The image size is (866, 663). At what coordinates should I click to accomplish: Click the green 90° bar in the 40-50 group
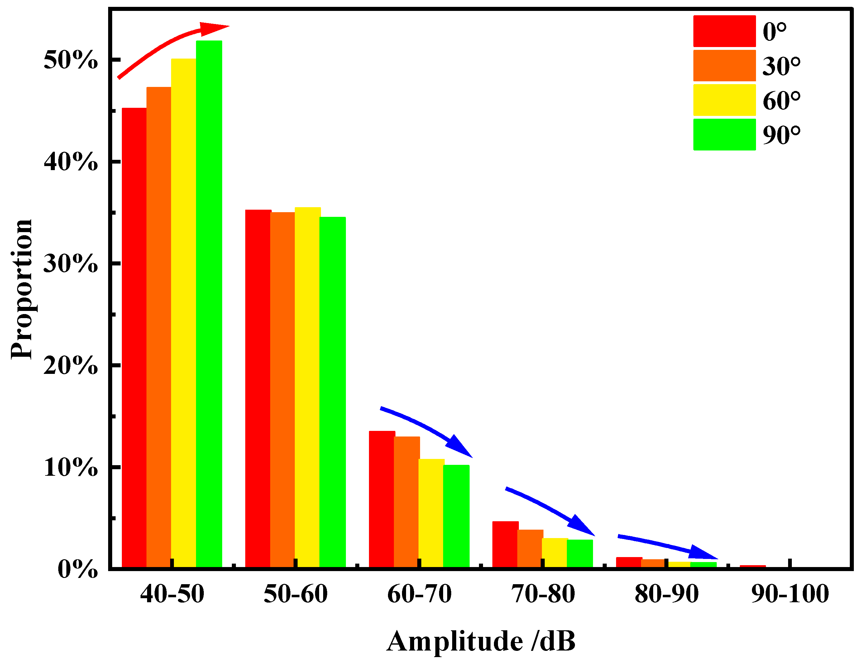(209, 304)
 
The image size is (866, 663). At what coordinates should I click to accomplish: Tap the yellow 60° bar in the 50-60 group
(308, 387)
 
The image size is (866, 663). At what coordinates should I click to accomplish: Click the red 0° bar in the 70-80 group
(505, 545)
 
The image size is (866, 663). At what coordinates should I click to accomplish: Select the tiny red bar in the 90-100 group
(752, 567)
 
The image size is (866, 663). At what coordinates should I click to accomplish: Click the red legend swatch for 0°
(724, 31)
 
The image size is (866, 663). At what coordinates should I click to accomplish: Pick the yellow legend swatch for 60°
(724, 100)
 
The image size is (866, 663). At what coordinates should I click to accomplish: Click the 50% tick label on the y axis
(70, 60)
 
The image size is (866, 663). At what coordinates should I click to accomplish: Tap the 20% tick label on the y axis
(70, 365)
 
